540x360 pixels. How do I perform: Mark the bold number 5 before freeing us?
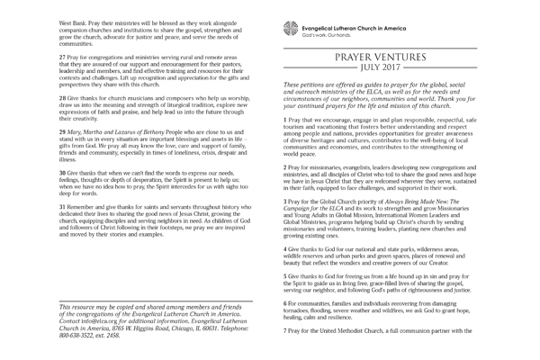[285, 276]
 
